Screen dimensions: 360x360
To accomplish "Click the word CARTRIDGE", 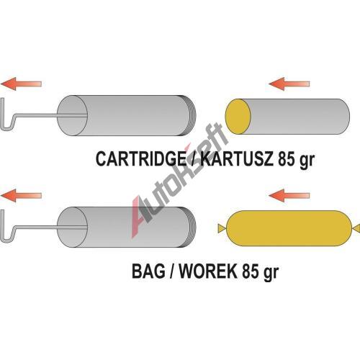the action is coord(141,158).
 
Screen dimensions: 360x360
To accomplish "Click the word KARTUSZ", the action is coord(237,158).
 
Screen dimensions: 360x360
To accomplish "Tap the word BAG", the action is coord(148,271).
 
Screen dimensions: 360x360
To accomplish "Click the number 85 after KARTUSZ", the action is coord(287,158).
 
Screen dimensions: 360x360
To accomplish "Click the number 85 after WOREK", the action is coord(251,271).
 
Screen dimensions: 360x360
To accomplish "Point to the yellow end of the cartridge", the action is coord(238,117).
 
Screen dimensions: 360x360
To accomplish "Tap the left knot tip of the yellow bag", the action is coord(218,228).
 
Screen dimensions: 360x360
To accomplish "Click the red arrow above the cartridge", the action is coord(289,84).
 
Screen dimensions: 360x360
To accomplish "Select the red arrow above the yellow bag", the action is coord(289,195).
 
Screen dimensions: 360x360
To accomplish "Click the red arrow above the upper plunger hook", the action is coord(21,84).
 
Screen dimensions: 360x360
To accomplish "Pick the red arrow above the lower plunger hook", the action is coord(21,195).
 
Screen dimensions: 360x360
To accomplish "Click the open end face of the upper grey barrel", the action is coord(73,115).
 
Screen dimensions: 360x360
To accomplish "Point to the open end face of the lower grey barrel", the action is coord(73,227).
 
